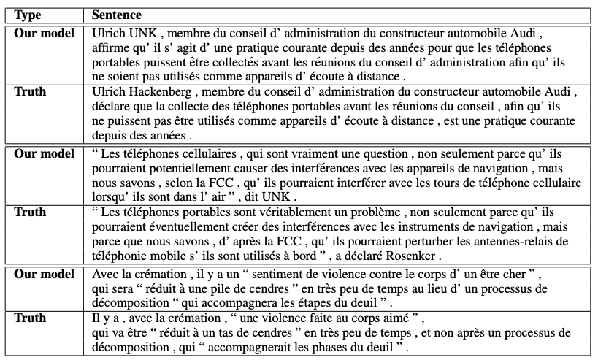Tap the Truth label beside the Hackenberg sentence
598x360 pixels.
pyautogui.click(x=31, y=92)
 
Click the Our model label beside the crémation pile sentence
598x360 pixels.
pyautogui.click(x=44, y=275)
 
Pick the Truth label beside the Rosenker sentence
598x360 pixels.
pyautogui.click(x=31, y=212)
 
